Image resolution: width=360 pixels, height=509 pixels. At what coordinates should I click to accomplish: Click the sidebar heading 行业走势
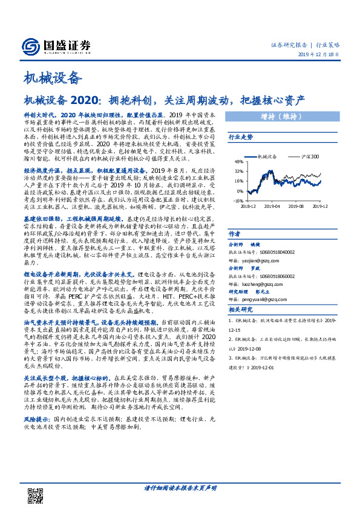click(x=240, y=138)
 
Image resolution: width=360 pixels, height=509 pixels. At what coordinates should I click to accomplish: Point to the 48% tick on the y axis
click(x=239, y=162)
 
